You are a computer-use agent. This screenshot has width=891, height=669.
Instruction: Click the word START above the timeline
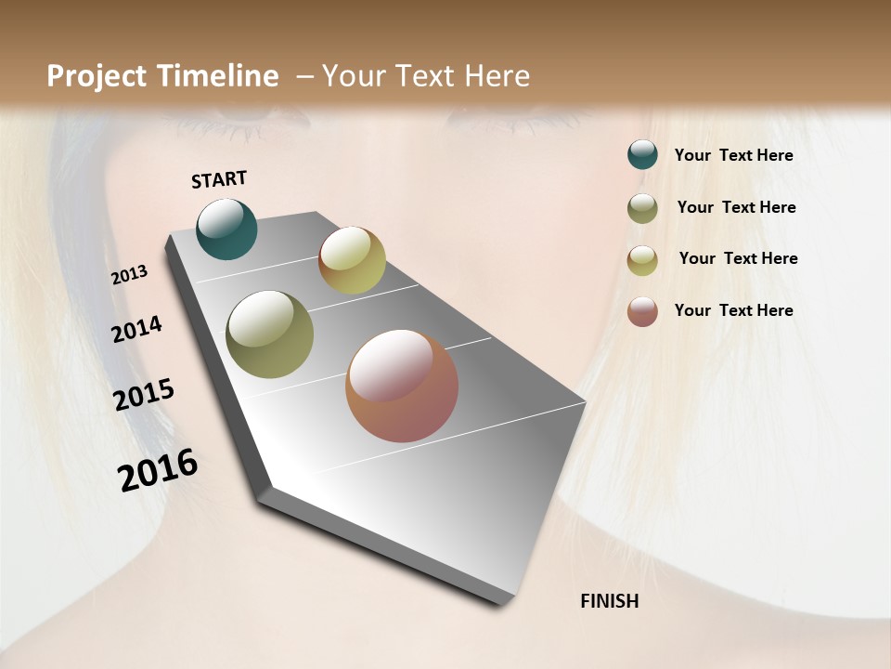click(x=219, y=179)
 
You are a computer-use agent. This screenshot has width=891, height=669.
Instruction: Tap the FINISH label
click(x=610, y=601)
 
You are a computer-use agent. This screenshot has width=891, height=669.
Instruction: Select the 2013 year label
click(x=130, y=275)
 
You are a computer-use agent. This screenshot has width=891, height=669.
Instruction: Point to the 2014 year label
click(x=137, y=330)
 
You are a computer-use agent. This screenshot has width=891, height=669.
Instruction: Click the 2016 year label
click(x=159, y=470)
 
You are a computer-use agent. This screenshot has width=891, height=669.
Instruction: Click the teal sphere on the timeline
click(x=227, y=230)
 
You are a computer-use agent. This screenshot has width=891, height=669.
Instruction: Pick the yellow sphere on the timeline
click(x=352, y=260)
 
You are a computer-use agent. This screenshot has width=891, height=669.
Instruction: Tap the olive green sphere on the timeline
click(x=270, y=334)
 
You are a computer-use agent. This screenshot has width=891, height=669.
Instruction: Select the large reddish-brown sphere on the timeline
click(x=402, y=386)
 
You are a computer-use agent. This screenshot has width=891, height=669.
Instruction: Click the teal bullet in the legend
click(x=642, y=155)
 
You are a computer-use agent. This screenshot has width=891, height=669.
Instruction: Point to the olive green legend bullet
click(x=642, y=208)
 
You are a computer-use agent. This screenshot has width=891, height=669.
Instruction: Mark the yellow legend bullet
click(x=642, y=260)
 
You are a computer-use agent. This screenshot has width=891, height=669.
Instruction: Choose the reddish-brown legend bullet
click(x=642, y=311)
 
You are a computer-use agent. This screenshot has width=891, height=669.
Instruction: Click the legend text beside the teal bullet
click(x=733, y=155)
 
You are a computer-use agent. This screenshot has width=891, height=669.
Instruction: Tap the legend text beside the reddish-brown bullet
click(x=733, y=310)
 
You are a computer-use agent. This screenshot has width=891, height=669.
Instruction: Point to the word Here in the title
click(x=497, y=76)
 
